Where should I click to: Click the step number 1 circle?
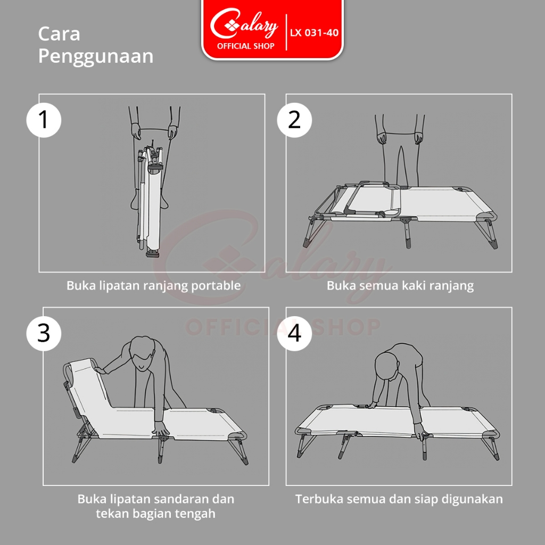pos(44,120)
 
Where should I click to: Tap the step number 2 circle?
pos(294,120)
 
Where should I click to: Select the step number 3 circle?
pos(44,334)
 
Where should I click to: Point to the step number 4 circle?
pos(294,334)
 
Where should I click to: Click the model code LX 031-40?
pos(314,32)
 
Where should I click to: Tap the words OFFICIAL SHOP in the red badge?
pos(246,46)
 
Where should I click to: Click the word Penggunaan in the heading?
pos(96,57)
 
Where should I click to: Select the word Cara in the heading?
pos(59,34)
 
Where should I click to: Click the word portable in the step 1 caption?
pos(216,286)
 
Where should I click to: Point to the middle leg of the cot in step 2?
pos(408,233)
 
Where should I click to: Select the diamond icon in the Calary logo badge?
pos(232,25)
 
